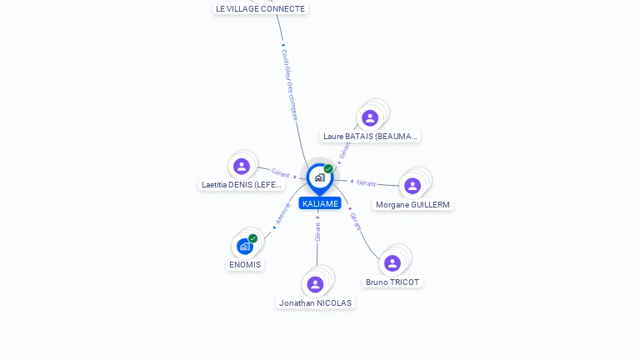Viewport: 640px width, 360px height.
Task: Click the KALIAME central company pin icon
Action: [x=319, y=177]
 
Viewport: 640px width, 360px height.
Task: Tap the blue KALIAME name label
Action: [x=320, y=203]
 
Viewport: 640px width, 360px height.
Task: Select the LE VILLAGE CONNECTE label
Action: [x=260, y=8]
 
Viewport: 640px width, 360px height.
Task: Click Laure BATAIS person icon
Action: [x=370, y=118]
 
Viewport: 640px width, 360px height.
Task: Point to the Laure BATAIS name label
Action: [x=370, y=136]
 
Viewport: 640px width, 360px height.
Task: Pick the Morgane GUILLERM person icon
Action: [x=412, y=186]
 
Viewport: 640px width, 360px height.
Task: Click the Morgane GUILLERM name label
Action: [x=412, y=204]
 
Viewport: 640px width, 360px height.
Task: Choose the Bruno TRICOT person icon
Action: [x=392, y=263]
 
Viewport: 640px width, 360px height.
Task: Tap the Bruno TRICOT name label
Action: [x=392, y=282]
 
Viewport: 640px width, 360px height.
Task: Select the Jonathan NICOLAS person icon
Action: [x=315, y=285]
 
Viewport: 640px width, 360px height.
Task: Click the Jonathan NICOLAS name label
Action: [x=315, y=303]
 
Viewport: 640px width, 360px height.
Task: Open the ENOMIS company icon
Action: [x=244, y=247]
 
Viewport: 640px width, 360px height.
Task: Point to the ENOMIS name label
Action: [x=245, y=265]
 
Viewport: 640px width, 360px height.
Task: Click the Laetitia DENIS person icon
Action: [x=242, y=167]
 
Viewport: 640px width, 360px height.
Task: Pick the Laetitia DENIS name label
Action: [x=242, y=184]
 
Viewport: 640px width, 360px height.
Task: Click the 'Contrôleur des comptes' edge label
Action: [x=289, y=84]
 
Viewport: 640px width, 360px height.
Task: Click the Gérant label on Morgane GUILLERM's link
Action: [x=366, y=182]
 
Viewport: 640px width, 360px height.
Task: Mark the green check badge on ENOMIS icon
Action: [x=252, y=238]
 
